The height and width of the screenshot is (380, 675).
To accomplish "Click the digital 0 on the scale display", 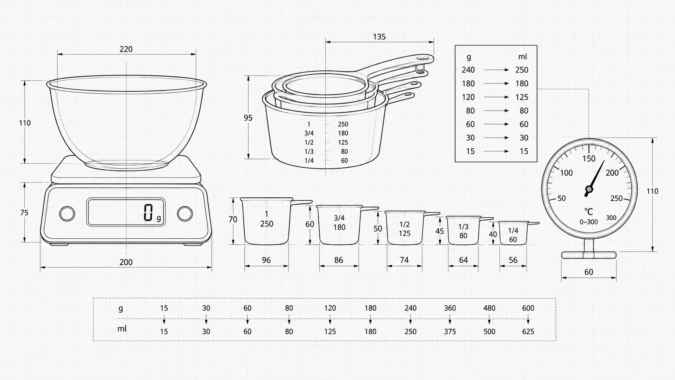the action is (x=148, y=212).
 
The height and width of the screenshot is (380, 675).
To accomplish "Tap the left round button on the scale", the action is (x=67, y=214).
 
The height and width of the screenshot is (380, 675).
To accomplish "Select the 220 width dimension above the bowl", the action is (x=126, y=49).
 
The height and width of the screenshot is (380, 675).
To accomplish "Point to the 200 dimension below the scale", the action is (x=126, y=262).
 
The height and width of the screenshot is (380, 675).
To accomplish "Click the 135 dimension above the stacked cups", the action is (x=379, y=37).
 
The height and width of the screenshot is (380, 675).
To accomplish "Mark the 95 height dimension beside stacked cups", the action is (x=248, y=118).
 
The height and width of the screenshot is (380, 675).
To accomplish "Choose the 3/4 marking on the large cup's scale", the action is (x=309, y=133).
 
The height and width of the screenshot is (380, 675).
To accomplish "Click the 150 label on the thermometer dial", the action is (x=589, y=159).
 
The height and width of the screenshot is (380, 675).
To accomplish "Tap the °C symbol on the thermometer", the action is (x=589, y=212).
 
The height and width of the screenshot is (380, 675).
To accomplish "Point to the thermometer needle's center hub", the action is (x=589, y=189).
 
